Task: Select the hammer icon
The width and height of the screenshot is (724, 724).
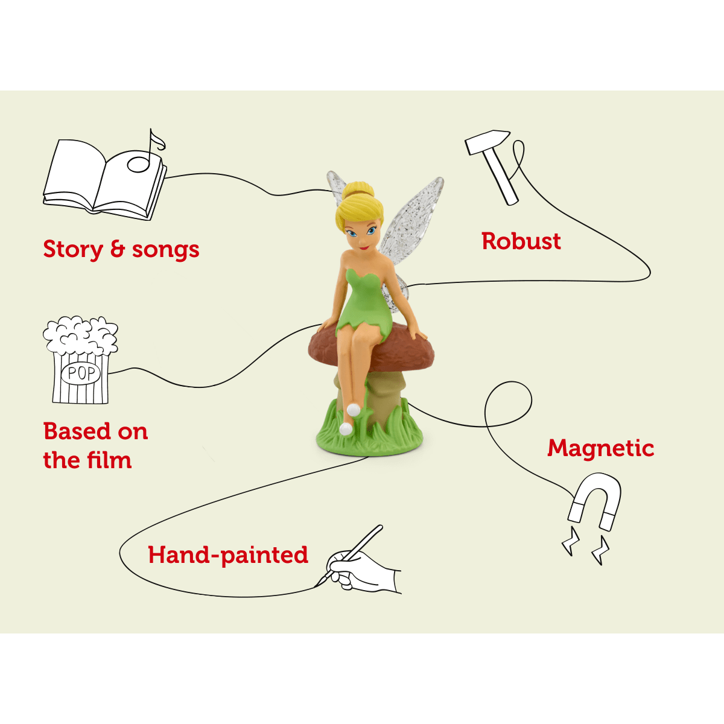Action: [x=493, y=164]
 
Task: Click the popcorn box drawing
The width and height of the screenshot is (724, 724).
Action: [x=81, y=362]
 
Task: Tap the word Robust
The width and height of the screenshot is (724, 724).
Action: [x=521, y=241]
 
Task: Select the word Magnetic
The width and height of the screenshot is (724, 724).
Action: [x=600, y=448]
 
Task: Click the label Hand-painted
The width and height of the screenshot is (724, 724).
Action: [x=228, y=555]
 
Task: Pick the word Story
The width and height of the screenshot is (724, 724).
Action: [x=71, y=249]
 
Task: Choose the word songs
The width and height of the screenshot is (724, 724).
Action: [x=165, y=250]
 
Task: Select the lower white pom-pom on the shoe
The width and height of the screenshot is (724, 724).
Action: [x=346, y=429]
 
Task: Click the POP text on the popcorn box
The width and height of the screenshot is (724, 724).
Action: [x=81, y=373]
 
